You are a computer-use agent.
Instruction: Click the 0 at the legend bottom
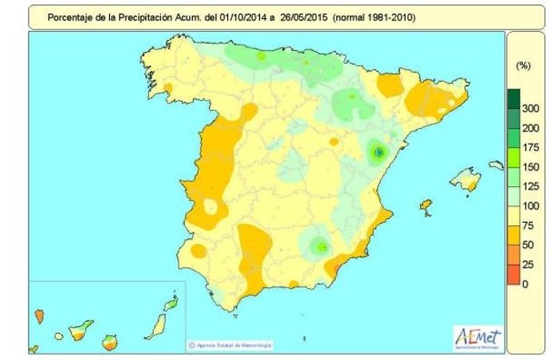pos(524,284)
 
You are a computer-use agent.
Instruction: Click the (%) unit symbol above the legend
pos(524,63)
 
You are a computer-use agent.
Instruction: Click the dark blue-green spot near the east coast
pos(379,151)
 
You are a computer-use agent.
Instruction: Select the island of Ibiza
pos(426,208)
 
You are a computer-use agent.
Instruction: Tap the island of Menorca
pos(496,165)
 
